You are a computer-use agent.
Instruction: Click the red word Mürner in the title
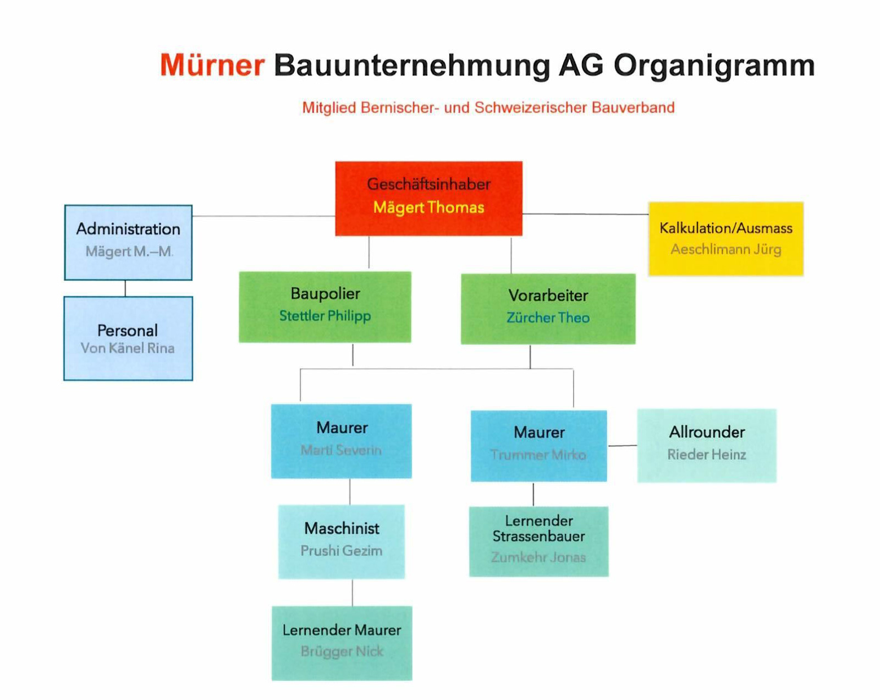(212, 65)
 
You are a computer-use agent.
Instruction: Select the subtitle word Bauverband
(633, 108)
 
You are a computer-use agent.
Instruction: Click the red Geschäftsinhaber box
(428, 199)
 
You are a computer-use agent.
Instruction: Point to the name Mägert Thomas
(428, 207)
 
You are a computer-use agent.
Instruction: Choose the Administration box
(128, 243)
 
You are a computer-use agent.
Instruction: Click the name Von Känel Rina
(128, 348)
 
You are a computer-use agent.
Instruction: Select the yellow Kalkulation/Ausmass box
(726, 239)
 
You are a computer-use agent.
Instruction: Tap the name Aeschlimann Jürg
(726, 249)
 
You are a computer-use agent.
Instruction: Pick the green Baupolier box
(325, 307)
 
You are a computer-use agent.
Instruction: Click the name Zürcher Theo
(548, 318)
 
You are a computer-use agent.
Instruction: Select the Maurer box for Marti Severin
(342, 441)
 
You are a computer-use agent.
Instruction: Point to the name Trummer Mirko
(538, 455)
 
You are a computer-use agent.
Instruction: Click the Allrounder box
(707, 446)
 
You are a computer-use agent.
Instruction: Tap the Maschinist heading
(342, 529)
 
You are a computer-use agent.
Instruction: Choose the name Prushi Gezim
(342, 551)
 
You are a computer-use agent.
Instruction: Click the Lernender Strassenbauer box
(538, 542)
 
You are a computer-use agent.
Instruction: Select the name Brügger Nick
(342, 652)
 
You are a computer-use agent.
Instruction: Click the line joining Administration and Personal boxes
(125, 288)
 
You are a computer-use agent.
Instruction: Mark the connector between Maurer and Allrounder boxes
(622, 446)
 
